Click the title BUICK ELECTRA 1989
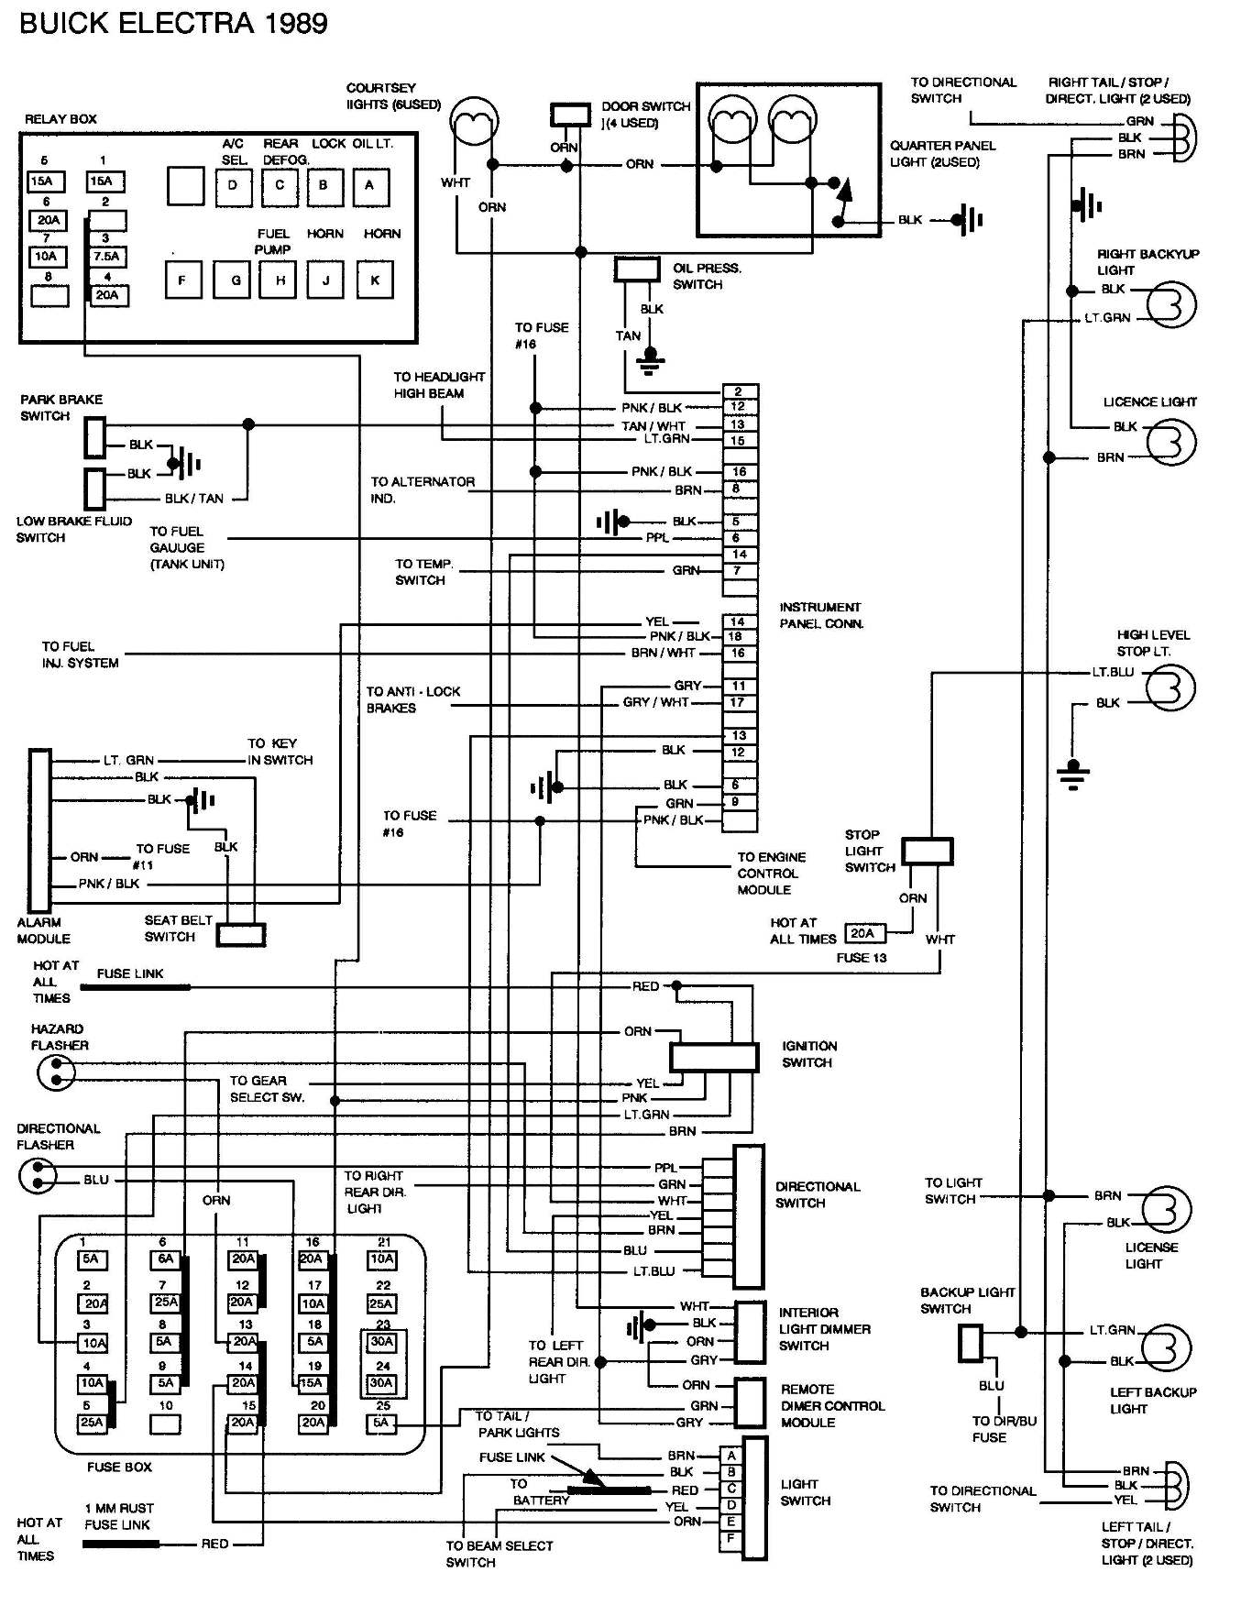(x=173, y=22)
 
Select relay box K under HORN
(x=375, y=280)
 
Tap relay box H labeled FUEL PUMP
(x=280, y=280)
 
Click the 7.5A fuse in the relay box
(x=106, y=257)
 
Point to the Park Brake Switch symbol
(x=95, y=437)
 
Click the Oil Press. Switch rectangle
(x=637, y=269)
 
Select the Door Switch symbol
(x=570, y=115)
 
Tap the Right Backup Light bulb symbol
(x=1173, y=303)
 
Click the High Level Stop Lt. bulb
(x=1172, y=687)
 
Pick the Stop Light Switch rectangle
(x=927, y=851)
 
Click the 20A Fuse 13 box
(x=862, y=933)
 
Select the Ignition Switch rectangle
(x=714, y=1057)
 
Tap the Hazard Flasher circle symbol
(x=56, y=1071)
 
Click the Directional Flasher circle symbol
(x=38, y=1175)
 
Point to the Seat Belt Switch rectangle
(x=241, y=934)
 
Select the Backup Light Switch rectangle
(x=971, y=1343)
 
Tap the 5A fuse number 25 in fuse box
(x=380, y=1423)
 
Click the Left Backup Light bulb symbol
(x=1169, y=1347)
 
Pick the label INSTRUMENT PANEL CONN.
(x=821, y=615)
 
